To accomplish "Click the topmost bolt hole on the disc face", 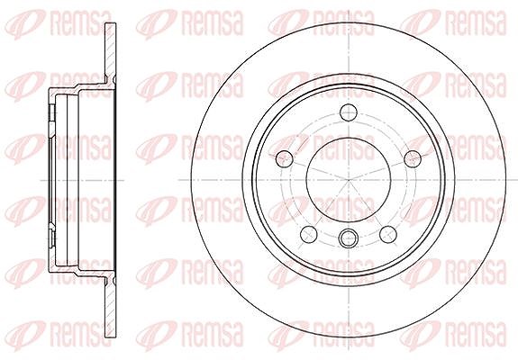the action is click(349, 112).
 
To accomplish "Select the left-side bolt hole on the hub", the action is click(285, 159).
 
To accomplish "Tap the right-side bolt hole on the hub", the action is click(413, 159).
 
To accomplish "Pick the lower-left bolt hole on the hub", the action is click(309, 234).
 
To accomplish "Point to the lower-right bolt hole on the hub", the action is click(388, 234).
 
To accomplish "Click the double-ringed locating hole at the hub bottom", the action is click(349, 238).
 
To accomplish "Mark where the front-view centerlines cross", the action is click(349, 180).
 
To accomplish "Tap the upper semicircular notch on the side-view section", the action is click(114, 80).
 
